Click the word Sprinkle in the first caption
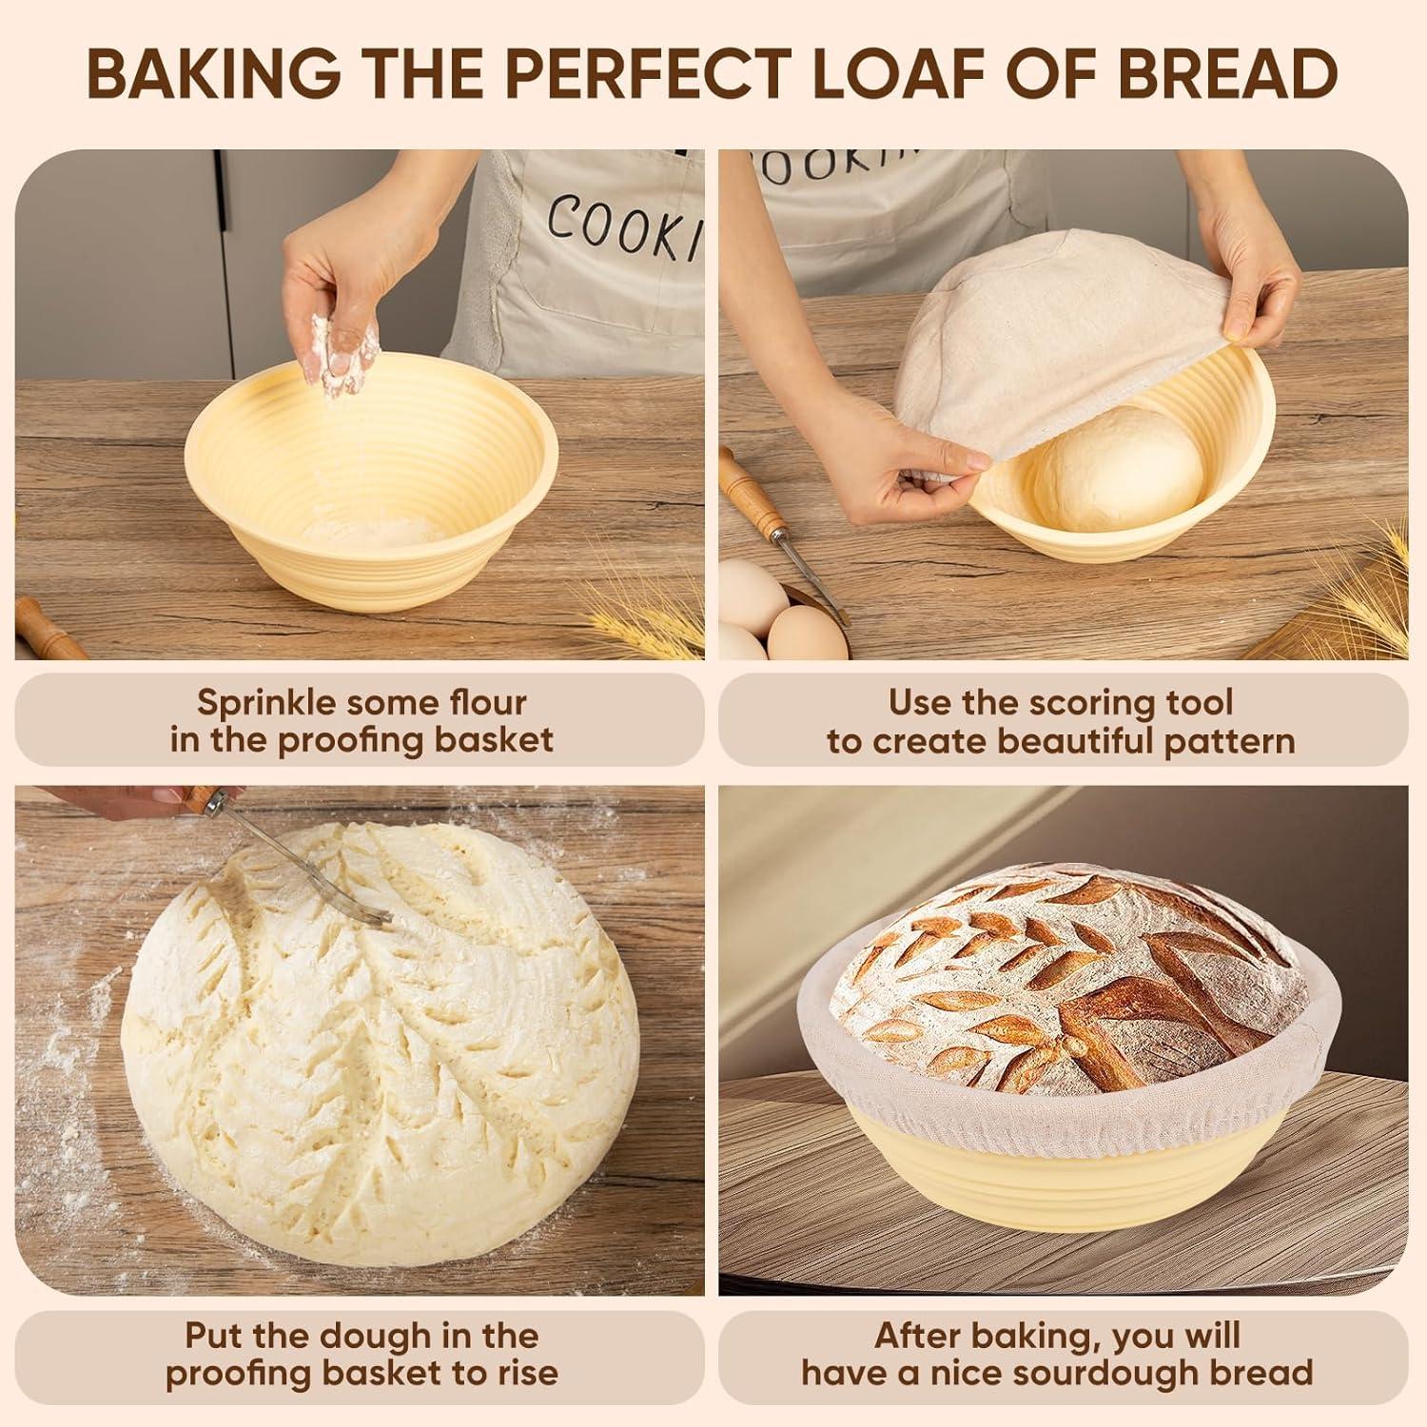pos(266,703)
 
